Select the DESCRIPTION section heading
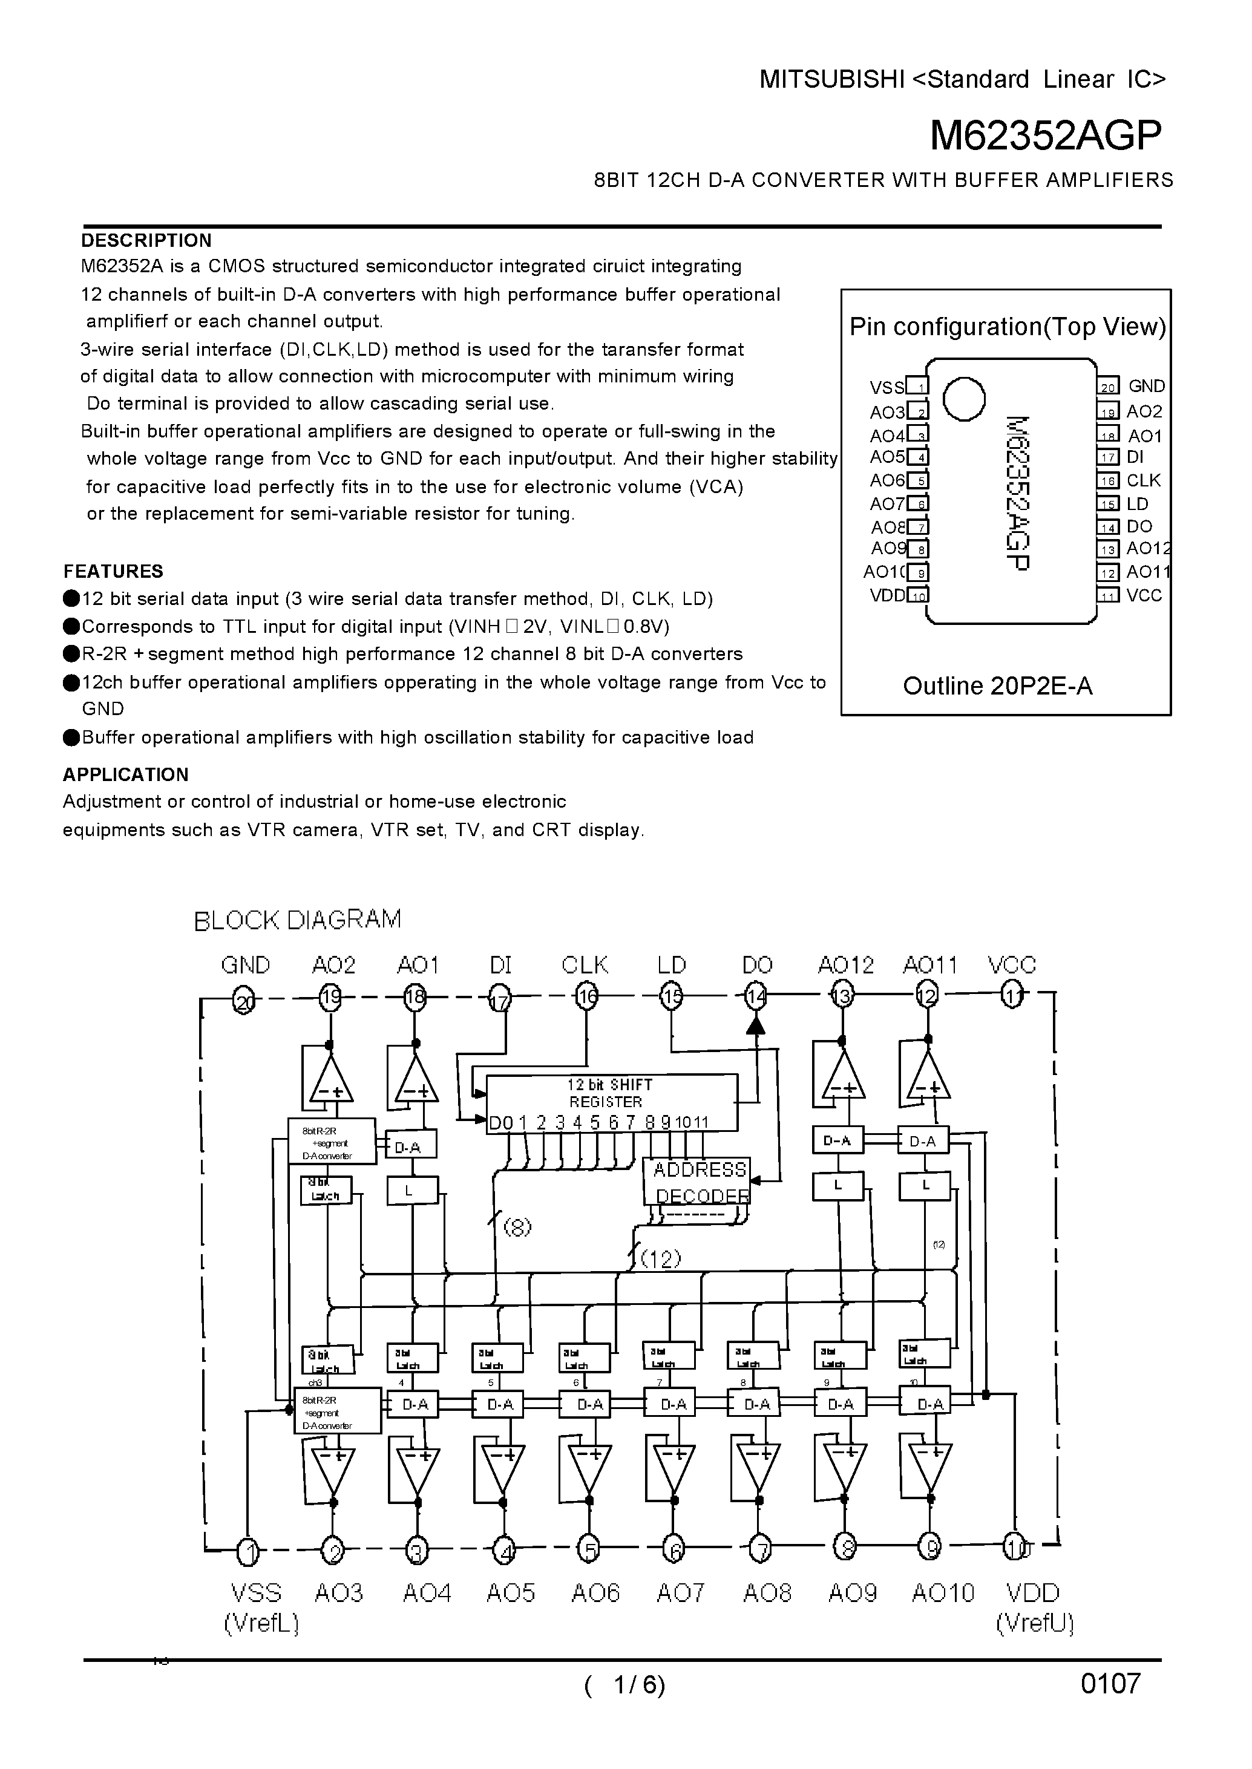(146, 241)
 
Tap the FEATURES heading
(113, 571)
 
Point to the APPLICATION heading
(126, 774)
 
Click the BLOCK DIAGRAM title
(298, 920)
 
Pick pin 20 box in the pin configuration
(1107, 387)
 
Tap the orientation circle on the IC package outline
(964, 399)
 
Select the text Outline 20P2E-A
(998, 686)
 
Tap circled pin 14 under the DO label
(757, 998)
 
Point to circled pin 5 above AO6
(588, 1550)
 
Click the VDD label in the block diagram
(1033, 1594)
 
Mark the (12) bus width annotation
(661, 1260)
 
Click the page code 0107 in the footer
(1110, 1684)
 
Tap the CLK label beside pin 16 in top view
(1143, 480)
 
